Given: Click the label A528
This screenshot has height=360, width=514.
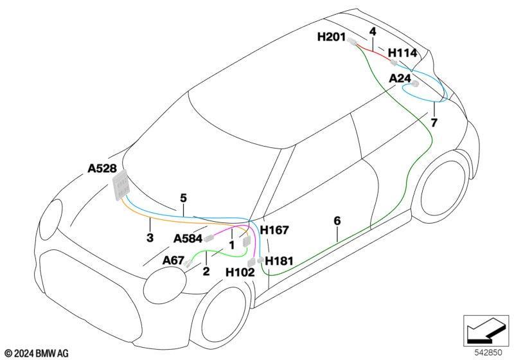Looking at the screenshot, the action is coord(102,168).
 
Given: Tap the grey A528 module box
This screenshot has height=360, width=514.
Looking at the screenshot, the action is coord(120,185).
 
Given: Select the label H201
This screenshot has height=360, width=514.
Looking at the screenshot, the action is coord(332,37).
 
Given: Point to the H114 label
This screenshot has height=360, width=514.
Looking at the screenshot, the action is coord(403,53).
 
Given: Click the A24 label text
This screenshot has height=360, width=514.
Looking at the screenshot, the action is coord(400,78).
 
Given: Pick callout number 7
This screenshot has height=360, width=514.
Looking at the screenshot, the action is coord(434,123).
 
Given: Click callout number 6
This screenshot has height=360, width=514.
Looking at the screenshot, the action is coord(337,221).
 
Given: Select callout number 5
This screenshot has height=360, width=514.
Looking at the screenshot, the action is coord(183,198).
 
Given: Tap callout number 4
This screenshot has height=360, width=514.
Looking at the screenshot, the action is coord(373,32).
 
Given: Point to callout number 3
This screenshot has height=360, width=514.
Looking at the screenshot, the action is coord(150,238).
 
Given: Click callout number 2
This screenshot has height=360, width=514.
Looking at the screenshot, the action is coord(206,271).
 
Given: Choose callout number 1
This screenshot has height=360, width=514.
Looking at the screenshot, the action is coord(232,245).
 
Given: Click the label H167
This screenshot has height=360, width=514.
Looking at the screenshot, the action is coord(274,230).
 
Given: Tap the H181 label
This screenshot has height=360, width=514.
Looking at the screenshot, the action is coord(279,261).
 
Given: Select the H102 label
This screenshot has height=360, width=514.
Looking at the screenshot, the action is coord(240,272).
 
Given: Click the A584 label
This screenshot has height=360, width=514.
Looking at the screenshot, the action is coord(188,239).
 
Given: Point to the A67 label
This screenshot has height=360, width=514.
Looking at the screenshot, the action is coord(173,260).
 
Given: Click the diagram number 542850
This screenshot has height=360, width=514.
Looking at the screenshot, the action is coord(488,353).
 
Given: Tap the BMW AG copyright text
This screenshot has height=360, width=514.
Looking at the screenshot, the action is coord(37,354).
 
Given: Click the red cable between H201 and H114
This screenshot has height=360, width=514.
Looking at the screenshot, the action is coord(374,52).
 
